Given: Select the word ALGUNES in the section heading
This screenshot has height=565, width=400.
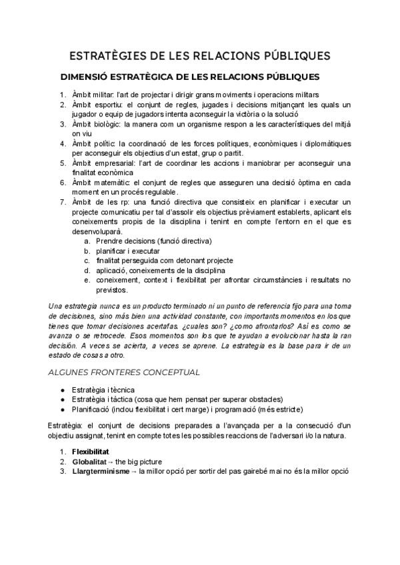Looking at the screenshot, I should [71, 371].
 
